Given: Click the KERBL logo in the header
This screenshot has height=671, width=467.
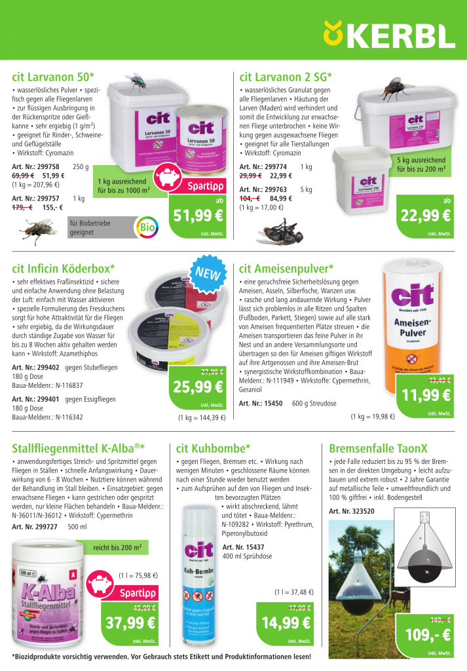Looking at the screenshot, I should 389,34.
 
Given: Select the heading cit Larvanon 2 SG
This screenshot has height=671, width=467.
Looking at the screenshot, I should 286,76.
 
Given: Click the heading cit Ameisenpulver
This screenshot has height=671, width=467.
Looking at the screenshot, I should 286,268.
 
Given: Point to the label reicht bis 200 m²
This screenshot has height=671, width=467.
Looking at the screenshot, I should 117,547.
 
